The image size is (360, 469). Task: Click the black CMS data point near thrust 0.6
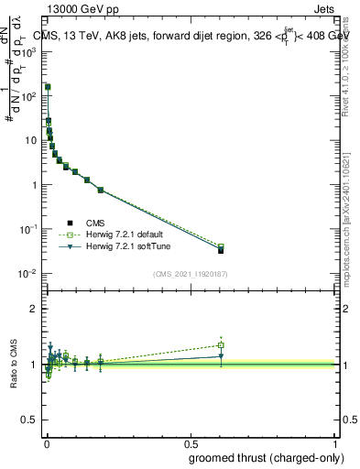pos(221,250)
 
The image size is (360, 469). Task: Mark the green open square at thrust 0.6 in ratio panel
pos(221,345)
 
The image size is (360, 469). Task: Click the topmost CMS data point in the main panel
pos(48,87)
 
